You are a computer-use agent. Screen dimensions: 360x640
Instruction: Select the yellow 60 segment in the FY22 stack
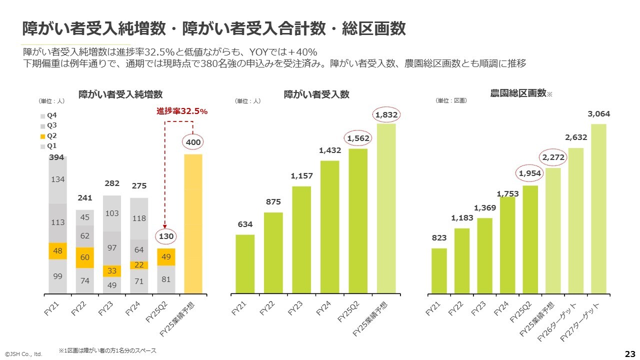pyautogui.click(x=84, y=257)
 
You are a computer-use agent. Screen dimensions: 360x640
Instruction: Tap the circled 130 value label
pyautogui.click(x=166, y=236)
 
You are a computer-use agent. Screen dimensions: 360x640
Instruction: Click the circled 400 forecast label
pyautogui.click(x=193, y=142)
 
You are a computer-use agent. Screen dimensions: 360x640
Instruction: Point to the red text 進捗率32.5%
pyautogui.click(x=182, y=111)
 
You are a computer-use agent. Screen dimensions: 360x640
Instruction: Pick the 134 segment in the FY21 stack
pyautogui.click(x=57, y=179)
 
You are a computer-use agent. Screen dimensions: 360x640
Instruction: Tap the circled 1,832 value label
pyautogui.click(x=386, y=115)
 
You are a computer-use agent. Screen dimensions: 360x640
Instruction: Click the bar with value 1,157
pyautogui.click(x=301, y=239)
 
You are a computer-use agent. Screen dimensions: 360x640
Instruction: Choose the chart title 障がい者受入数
pyautogui.click(x=316, y=94)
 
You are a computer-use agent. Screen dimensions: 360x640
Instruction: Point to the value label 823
pyautogui.click(x=439, y=238)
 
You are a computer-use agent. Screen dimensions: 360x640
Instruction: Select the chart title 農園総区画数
pyautogui.click(x=518, y=93)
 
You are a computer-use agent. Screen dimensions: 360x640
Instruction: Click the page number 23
pyautogui.click(x=630, y=353)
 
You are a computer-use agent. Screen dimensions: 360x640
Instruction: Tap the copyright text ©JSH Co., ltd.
pyautogui.click(x=23, y=354)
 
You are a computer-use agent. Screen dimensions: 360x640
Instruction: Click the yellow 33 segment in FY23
pyautogui.click(x=112, y=271)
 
